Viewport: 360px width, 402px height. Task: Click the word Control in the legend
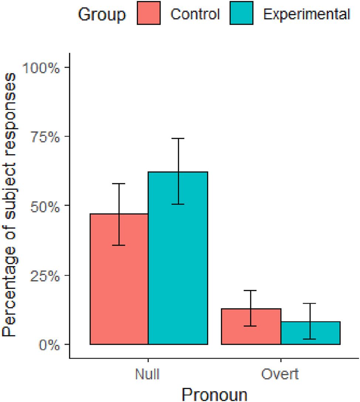coord(195,14)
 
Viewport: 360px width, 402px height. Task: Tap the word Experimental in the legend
coord(306,14)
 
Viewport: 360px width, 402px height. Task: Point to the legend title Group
coord(102,14)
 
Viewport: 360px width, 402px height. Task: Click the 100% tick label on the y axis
coord(41,68)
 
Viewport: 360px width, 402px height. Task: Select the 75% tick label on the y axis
coord(44,137)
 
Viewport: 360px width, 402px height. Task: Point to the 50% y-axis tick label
coord(44,206)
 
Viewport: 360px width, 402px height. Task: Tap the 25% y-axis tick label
coord(44,275)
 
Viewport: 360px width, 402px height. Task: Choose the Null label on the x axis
coord(148,374)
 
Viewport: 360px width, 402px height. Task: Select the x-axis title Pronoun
coord(214,393)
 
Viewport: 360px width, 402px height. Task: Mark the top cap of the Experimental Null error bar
coord(178,138)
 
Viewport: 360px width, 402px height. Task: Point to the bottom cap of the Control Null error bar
coord(119,245)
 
